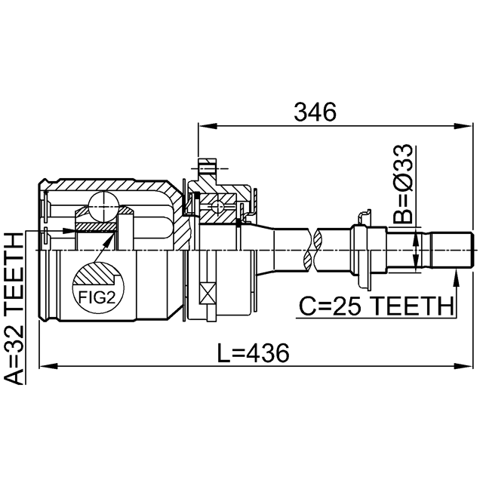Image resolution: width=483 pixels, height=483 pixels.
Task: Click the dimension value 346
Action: coord(315,112)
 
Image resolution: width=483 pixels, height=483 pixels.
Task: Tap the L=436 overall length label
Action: coord(254,353)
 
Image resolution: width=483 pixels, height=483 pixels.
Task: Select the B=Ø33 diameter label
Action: coord(402,184)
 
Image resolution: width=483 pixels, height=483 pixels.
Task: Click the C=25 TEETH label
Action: coord(377,306)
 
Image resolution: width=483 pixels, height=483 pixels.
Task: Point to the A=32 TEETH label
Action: coord(14,309)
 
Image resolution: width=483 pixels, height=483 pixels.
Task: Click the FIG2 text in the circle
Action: coord(97,297)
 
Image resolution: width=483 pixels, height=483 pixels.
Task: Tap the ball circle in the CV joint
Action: coord(103,206)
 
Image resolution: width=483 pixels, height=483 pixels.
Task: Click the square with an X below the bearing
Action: coord(208,293)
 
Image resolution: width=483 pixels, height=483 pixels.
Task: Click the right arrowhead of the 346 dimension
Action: coord(463,126)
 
